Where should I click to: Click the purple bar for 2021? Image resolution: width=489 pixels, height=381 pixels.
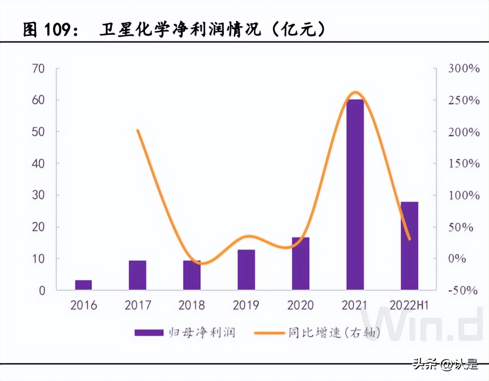coord(355,194)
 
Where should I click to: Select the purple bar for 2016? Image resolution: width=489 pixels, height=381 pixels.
coord(83,285)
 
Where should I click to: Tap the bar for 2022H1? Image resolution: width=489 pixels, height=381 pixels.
coord(409,246)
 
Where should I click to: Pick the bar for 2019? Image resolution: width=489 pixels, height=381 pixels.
coord(246,270)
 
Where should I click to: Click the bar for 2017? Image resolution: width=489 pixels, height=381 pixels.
coord(138,275)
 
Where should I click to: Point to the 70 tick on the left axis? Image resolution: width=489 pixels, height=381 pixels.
coord(38,68)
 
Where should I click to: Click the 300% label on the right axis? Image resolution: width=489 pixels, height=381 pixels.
coord(463,68)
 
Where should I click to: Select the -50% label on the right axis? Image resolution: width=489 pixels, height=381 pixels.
coord(463,290)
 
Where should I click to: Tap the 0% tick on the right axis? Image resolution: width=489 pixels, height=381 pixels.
coord(457,258)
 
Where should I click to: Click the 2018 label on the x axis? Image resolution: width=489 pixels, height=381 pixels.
coord(192,305)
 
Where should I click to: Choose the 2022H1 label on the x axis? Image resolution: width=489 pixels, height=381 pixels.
coord(409,305)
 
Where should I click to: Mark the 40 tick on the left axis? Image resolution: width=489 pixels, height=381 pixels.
coord(38,163)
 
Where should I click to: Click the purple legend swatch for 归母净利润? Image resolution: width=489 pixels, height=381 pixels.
coord(149,333)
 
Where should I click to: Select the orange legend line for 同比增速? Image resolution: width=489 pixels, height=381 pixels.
coord(269,333)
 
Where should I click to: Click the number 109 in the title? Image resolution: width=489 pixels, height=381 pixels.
coord(58,30)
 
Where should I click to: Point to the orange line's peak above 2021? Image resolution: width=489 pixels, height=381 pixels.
coord(355,92)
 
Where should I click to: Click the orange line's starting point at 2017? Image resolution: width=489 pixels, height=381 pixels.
coord(138,130)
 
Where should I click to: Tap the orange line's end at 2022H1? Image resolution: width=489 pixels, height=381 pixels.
coord(409,239)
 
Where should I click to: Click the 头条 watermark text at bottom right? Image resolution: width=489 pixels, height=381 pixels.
coord(425,364)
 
